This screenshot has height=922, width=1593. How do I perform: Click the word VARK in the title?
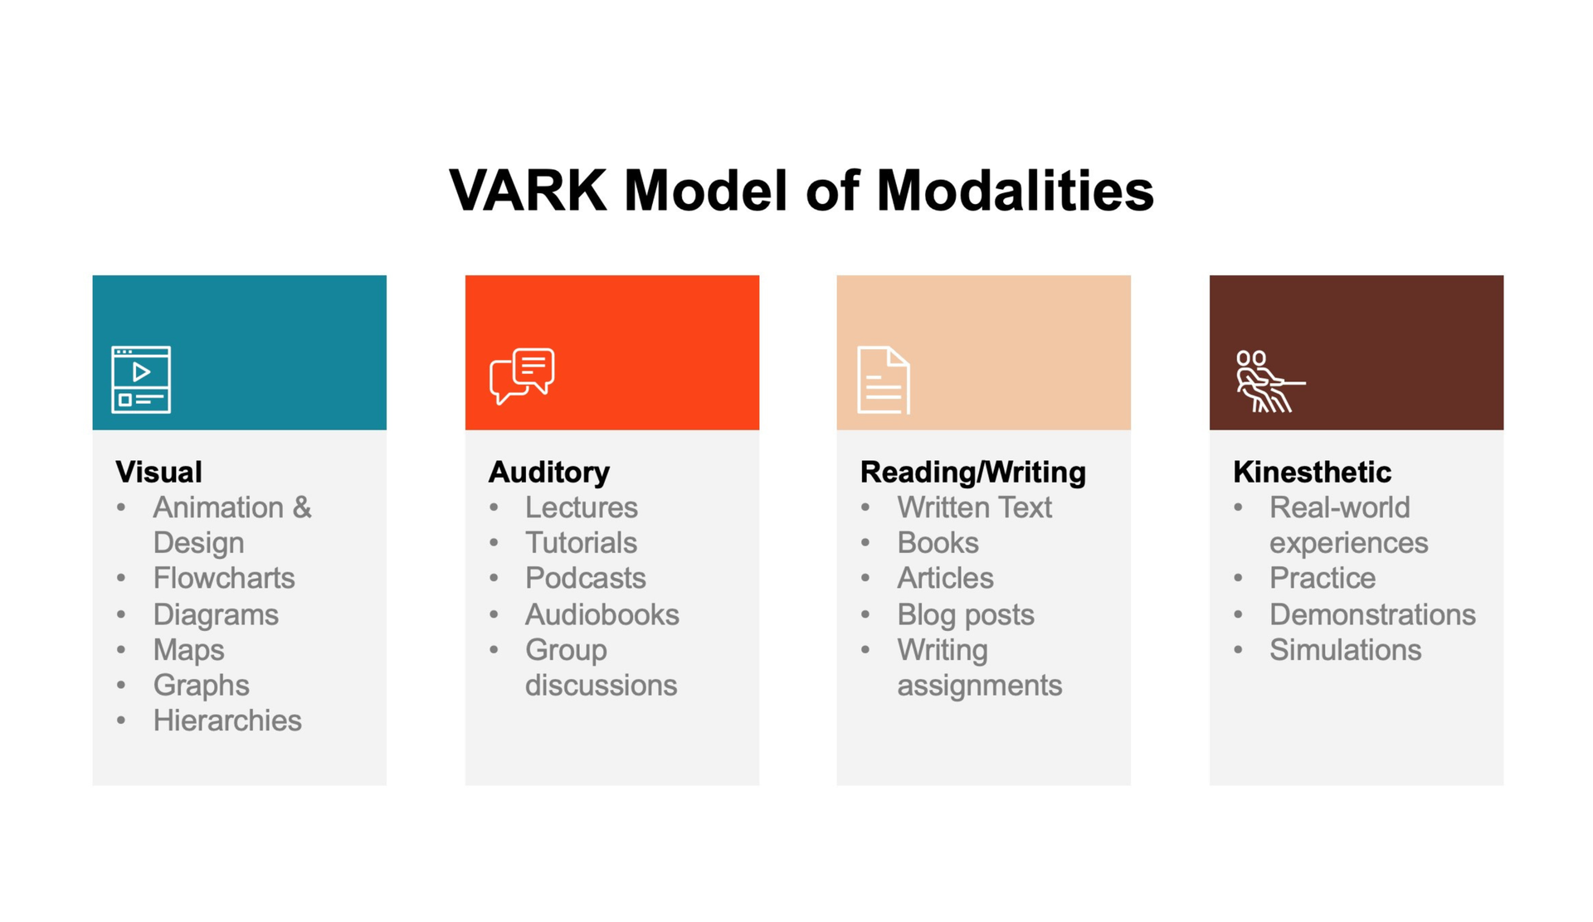(528, 191)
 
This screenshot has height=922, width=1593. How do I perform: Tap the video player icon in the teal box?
(141, 380)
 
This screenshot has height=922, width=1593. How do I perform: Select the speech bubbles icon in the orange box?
(522, 376)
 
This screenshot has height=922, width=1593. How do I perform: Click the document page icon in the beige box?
(884, 380)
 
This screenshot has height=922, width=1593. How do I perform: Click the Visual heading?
(158, 472)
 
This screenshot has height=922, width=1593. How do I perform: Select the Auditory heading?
(549, 472)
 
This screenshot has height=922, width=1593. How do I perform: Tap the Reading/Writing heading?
(973, 472)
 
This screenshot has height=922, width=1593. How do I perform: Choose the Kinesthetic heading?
(1313, 472)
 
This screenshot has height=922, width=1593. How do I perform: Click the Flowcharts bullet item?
(224, 578)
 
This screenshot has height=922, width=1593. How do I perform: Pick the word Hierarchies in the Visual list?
(227, 721)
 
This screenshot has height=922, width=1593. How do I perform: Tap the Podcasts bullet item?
(586, 578)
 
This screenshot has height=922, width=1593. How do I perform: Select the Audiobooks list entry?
(602, 614)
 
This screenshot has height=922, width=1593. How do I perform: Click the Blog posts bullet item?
(966, 614)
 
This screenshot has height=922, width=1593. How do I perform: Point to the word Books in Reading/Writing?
(938, 542)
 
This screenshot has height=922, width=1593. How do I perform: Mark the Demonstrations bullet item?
(1373, 614)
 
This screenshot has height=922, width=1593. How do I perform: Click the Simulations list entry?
(1346, 650)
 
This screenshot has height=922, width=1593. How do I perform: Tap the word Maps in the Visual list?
(189, 650)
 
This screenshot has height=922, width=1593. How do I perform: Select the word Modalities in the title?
(1016, 191)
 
